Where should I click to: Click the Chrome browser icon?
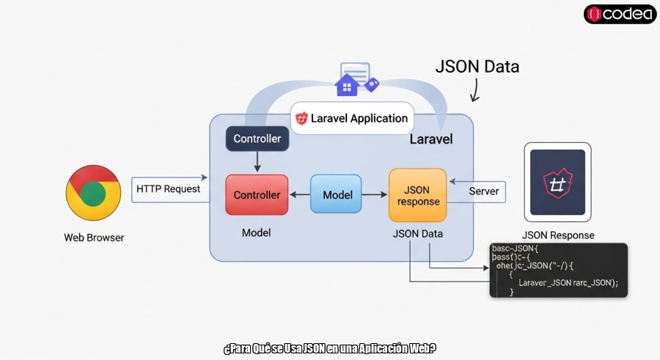coord(93,192)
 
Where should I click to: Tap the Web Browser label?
coord(94,238)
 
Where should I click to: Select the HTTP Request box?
coord(168,188)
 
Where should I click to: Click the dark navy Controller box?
coord(257,139)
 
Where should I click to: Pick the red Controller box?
coord(257,195)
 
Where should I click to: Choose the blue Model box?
coord(337,194)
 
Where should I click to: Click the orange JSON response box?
coord(417,195)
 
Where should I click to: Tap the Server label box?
coord(483,191)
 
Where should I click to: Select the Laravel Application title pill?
coord(352,118)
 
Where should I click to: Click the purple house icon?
coord(346,85)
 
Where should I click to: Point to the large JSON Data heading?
coord(477,67)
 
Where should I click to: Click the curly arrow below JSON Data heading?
coord(474,91)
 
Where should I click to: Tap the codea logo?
coord(620,13)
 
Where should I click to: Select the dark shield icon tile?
coord(557,182)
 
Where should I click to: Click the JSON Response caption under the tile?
coord(557,235)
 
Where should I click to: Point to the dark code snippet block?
coord(558,270)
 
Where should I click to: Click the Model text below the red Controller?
coord(256,232)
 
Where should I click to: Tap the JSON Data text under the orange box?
coord(417,233)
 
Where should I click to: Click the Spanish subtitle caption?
coord(329,348)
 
